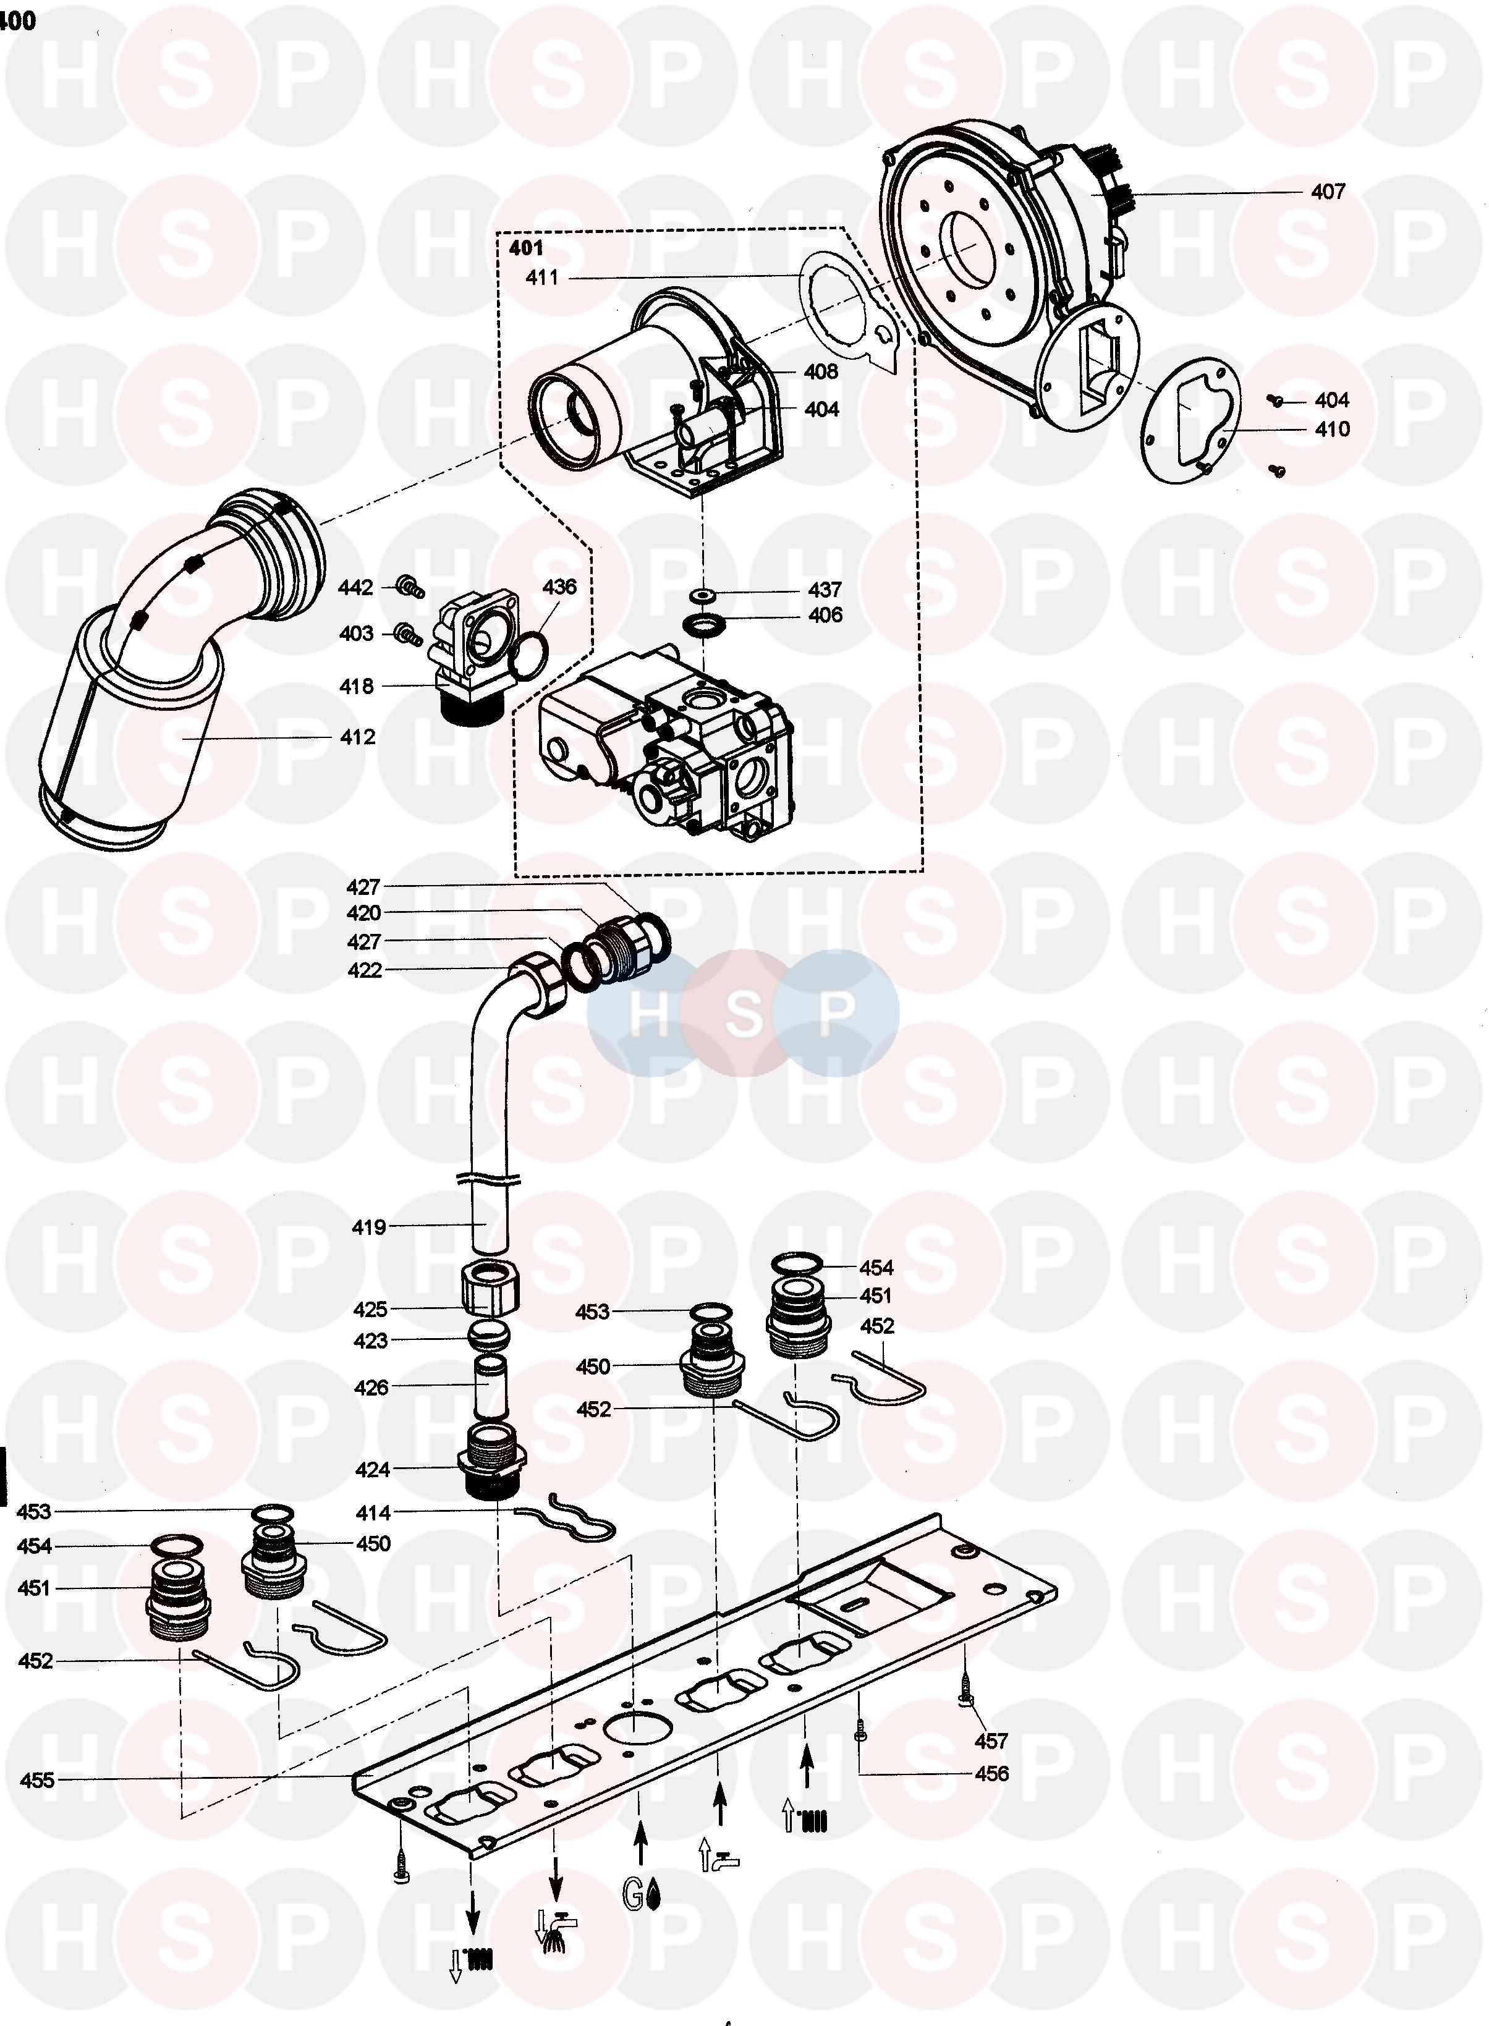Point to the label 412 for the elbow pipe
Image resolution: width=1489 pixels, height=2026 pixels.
tap(357, 737)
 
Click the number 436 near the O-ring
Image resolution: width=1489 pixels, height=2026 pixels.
tap(559, 587)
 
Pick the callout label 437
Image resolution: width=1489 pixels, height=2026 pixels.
tap(824, 590)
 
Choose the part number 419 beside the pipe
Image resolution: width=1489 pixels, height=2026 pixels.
tap(368, 1227)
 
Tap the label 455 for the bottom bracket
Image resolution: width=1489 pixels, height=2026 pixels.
tap(37, 1781)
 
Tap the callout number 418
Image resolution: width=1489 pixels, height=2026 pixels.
tap(356, 687)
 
